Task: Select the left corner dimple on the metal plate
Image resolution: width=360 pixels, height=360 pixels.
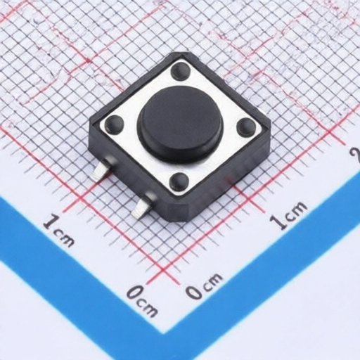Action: (x=114, y=125)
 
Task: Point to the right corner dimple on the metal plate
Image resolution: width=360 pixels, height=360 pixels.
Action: (x=246, y=127)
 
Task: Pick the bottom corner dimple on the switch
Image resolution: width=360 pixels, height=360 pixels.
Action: (x=179, y=181)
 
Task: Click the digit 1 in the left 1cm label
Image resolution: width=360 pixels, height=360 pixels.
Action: (x=49, y=224)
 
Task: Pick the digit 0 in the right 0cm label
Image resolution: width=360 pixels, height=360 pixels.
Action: (x=193, y=290)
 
